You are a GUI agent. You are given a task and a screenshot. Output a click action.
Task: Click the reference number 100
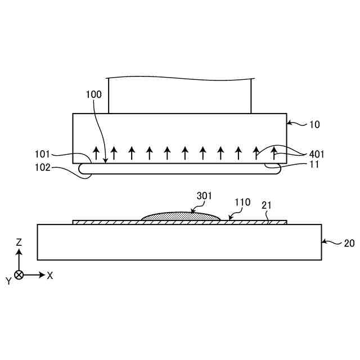pos(94,94)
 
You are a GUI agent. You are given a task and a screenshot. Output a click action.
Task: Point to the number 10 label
pos(314,124)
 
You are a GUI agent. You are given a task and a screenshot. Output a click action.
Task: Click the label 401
pos(317,153)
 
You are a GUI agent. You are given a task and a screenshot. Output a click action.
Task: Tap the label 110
pos(242,201)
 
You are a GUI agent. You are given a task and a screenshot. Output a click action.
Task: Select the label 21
pos(268,206)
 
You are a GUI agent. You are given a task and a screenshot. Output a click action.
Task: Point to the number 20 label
pos(349,244)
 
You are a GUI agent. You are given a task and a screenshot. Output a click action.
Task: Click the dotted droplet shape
pos(180,216)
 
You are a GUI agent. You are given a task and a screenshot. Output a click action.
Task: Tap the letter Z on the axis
pos(19,242)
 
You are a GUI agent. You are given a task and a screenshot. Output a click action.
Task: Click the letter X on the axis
pos(50,276)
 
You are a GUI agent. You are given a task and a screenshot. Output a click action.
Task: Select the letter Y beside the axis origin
pos(8,281)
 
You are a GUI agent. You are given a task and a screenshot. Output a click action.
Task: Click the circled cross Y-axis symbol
pos(19,275)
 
